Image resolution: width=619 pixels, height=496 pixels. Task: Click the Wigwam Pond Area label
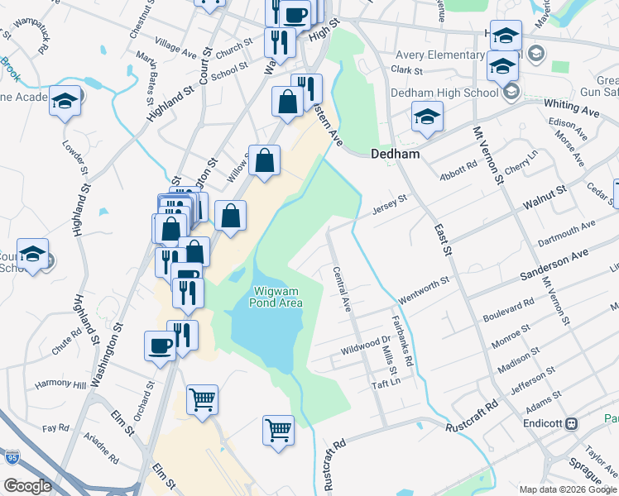click(x=276, y=297)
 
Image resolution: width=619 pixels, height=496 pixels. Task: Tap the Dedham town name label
click(x=395, y=154)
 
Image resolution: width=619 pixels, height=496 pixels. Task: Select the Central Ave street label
click(x=342, y=289)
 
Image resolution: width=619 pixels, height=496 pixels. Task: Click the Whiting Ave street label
click(x=572, y=107)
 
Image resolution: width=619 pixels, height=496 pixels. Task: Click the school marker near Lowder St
click(x=65, y=102)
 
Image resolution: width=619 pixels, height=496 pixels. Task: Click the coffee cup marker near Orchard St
click(x=160, y=346)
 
